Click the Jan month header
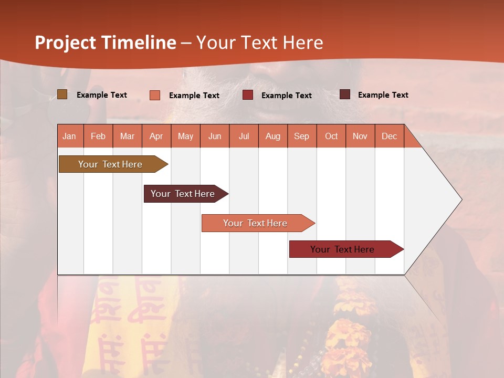(70, 136)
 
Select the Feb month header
(98, 136)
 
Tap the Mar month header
(127, 136)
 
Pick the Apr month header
(156, 136)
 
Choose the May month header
(185, 136)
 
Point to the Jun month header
(215, 136)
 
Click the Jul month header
(244, 136)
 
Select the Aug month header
(273, 136)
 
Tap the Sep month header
(302, 136)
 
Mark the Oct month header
(331, 136)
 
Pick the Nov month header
(360, 136)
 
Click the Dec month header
(390, 136)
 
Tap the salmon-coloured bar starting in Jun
(256, 223)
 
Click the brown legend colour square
(62, 94)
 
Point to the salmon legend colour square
(155, 95)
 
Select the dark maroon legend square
(344, 94)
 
